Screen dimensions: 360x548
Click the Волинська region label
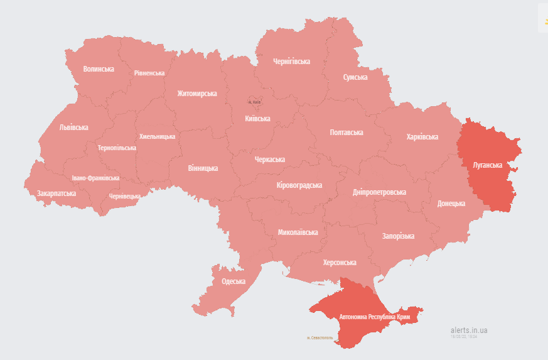tap(99, 69)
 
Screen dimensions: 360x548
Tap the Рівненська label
tap(149, 73)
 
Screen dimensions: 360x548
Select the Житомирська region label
tap(196, 94)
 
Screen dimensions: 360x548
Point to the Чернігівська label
tap(291, 62)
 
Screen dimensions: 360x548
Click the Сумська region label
tap(355, 77)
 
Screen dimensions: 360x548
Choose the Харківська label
tap(422, 137)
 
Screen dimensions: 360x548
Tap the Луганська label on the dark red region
tap(486, 165)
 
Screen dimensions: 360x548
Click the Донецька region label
tap(451, 204)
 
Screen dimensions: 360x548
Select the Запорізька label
tap(398, 236)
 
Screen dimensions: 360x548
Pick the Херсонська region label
tap(340, 263)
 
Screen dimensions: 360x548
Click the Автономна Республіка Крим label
tap(375, 317)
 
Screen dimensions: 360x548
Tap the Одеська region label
tap(234, 281)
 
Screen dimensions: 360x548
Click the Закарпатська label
tap(56, 194)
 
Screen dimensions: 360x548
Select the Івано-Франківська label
tap(95, 178)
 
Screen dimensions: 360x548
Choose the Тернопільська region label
tap(117, 148)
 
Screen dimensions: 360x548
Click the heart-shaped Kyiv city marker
tap(254, 101)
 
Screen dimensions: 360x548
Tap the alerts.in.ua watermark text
tap(469, 330)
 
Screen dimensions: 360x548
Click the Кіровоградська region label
tap(299, 185)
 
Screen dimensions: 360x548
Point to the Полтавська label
tap(347, 133)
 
